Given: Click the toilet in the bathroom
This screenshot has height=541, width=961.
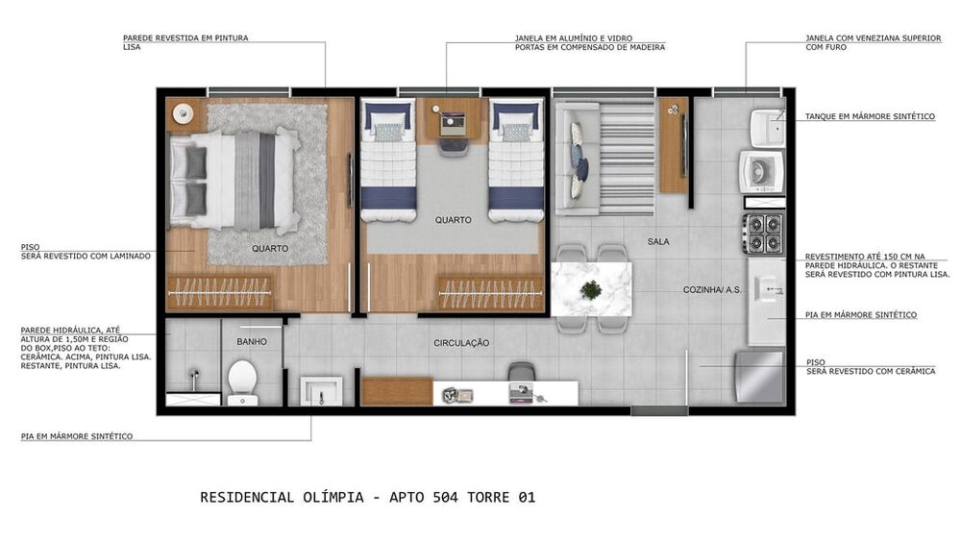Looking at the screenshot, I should (241, 380).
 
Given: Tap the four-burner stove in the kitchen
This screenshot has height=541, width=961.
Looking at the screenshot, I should (762, 233).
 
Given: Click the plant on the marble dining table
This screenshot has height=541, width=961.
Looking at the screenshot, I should (591, 288).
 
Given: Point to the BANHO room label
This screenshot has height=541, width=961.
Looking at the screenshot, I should (252, 341).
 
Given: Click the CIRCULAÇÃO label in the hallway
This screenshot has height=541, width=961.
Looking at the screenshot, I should (461, 343).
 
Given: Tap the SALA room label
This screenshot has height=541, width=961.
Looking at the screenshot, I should (658, 242).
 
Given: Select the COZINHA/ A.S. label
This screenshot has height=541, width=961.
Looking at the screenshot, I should (712, 289).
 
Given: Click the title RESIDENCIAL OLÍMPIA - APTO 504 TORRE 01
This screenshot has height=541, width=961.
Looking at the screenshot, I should (367, 498).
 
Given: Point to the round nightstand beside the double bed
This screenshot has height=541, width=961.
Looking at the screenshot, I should (183, 113).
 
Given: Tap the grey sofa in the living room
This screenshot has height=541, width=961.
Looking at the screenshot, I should (574, 157).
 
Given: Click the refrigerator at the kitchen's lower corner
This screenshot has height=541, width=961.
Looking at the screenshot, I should (759, 377).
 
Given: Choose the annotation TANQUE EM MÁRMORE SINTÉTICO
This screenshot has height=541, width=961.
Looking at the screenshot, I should (870, 116).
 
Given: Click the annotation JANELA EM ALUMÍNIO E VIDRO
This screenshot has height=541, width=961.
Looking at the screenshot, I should (574, 38).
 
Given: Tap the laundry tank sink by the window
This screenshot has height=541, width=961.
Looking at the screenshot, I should (767, 126).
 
